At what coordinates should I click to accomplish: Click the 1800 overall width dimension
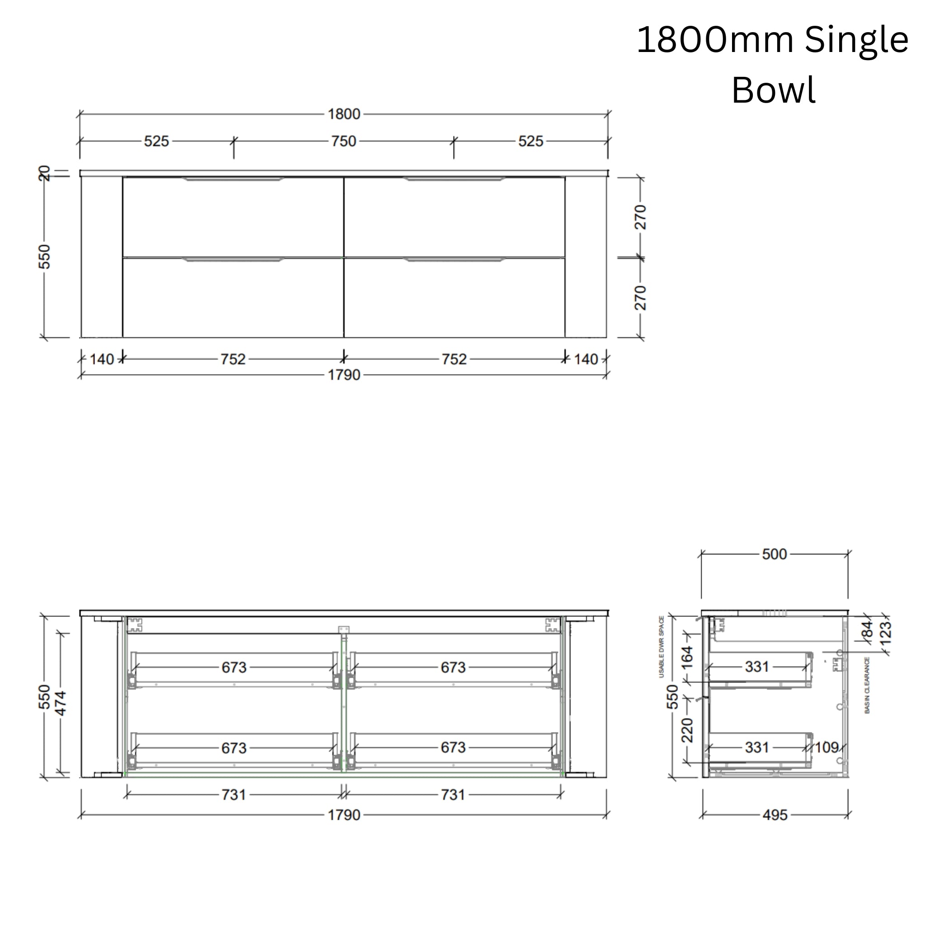click(344, 114)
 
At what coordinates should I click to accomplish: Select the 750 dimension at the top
click(344, 142)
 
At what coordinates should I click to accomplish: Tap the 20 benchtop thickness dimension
click(44, 173)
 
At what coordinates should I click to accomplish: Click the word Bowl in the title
click(773, 90)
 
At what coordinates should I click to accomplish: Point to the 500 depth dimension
click(774, 554)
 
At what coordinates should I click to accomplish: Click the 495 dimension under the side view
click(775, 815)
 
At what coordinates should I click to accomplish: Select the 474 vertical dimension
click(61, 703)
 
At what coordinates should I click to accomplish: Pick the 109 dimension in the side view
click(827, 747)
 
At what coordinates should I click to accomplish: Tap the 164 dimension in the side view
click(687, 657)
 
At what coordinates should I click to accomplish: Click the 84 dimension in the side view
click(868, 630)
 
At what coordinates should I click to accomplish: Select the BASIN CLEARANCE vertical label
click(867, 685)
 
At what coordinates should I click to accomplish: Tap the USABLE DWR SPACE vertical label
click(662, 647)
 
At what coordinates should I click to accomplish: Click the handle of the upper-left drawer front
click(233, 179)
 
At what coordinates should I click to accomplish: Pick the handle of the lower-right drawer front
click(454, 260)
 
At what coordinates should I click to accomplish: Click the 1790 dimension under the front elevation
click(344, 375)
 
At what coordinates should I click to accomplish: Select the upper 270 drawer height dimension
click(640, 217)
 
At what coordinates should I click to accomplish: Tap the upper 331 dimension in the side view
click(757, 667)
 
